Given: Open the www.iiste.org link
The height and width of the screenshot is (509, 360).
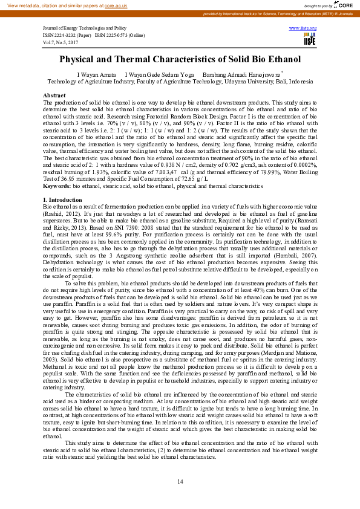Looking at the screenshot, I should [303, 28].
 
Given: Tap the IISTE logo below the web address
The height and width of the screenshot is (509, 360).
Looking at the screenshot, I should [310, 39].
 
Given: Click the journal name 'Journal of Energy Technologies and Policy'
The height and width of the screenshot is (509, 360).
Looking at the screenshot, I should [85, 28].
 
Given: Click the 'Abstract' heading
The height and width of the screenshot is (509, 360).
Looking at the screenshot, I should [54, 96].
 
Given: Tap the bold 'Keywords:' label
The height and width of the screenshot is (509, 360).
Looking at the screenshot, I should [57, 187].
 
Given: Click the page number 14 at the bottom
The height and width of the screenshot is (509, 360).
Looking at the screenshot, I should [180, 481].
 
